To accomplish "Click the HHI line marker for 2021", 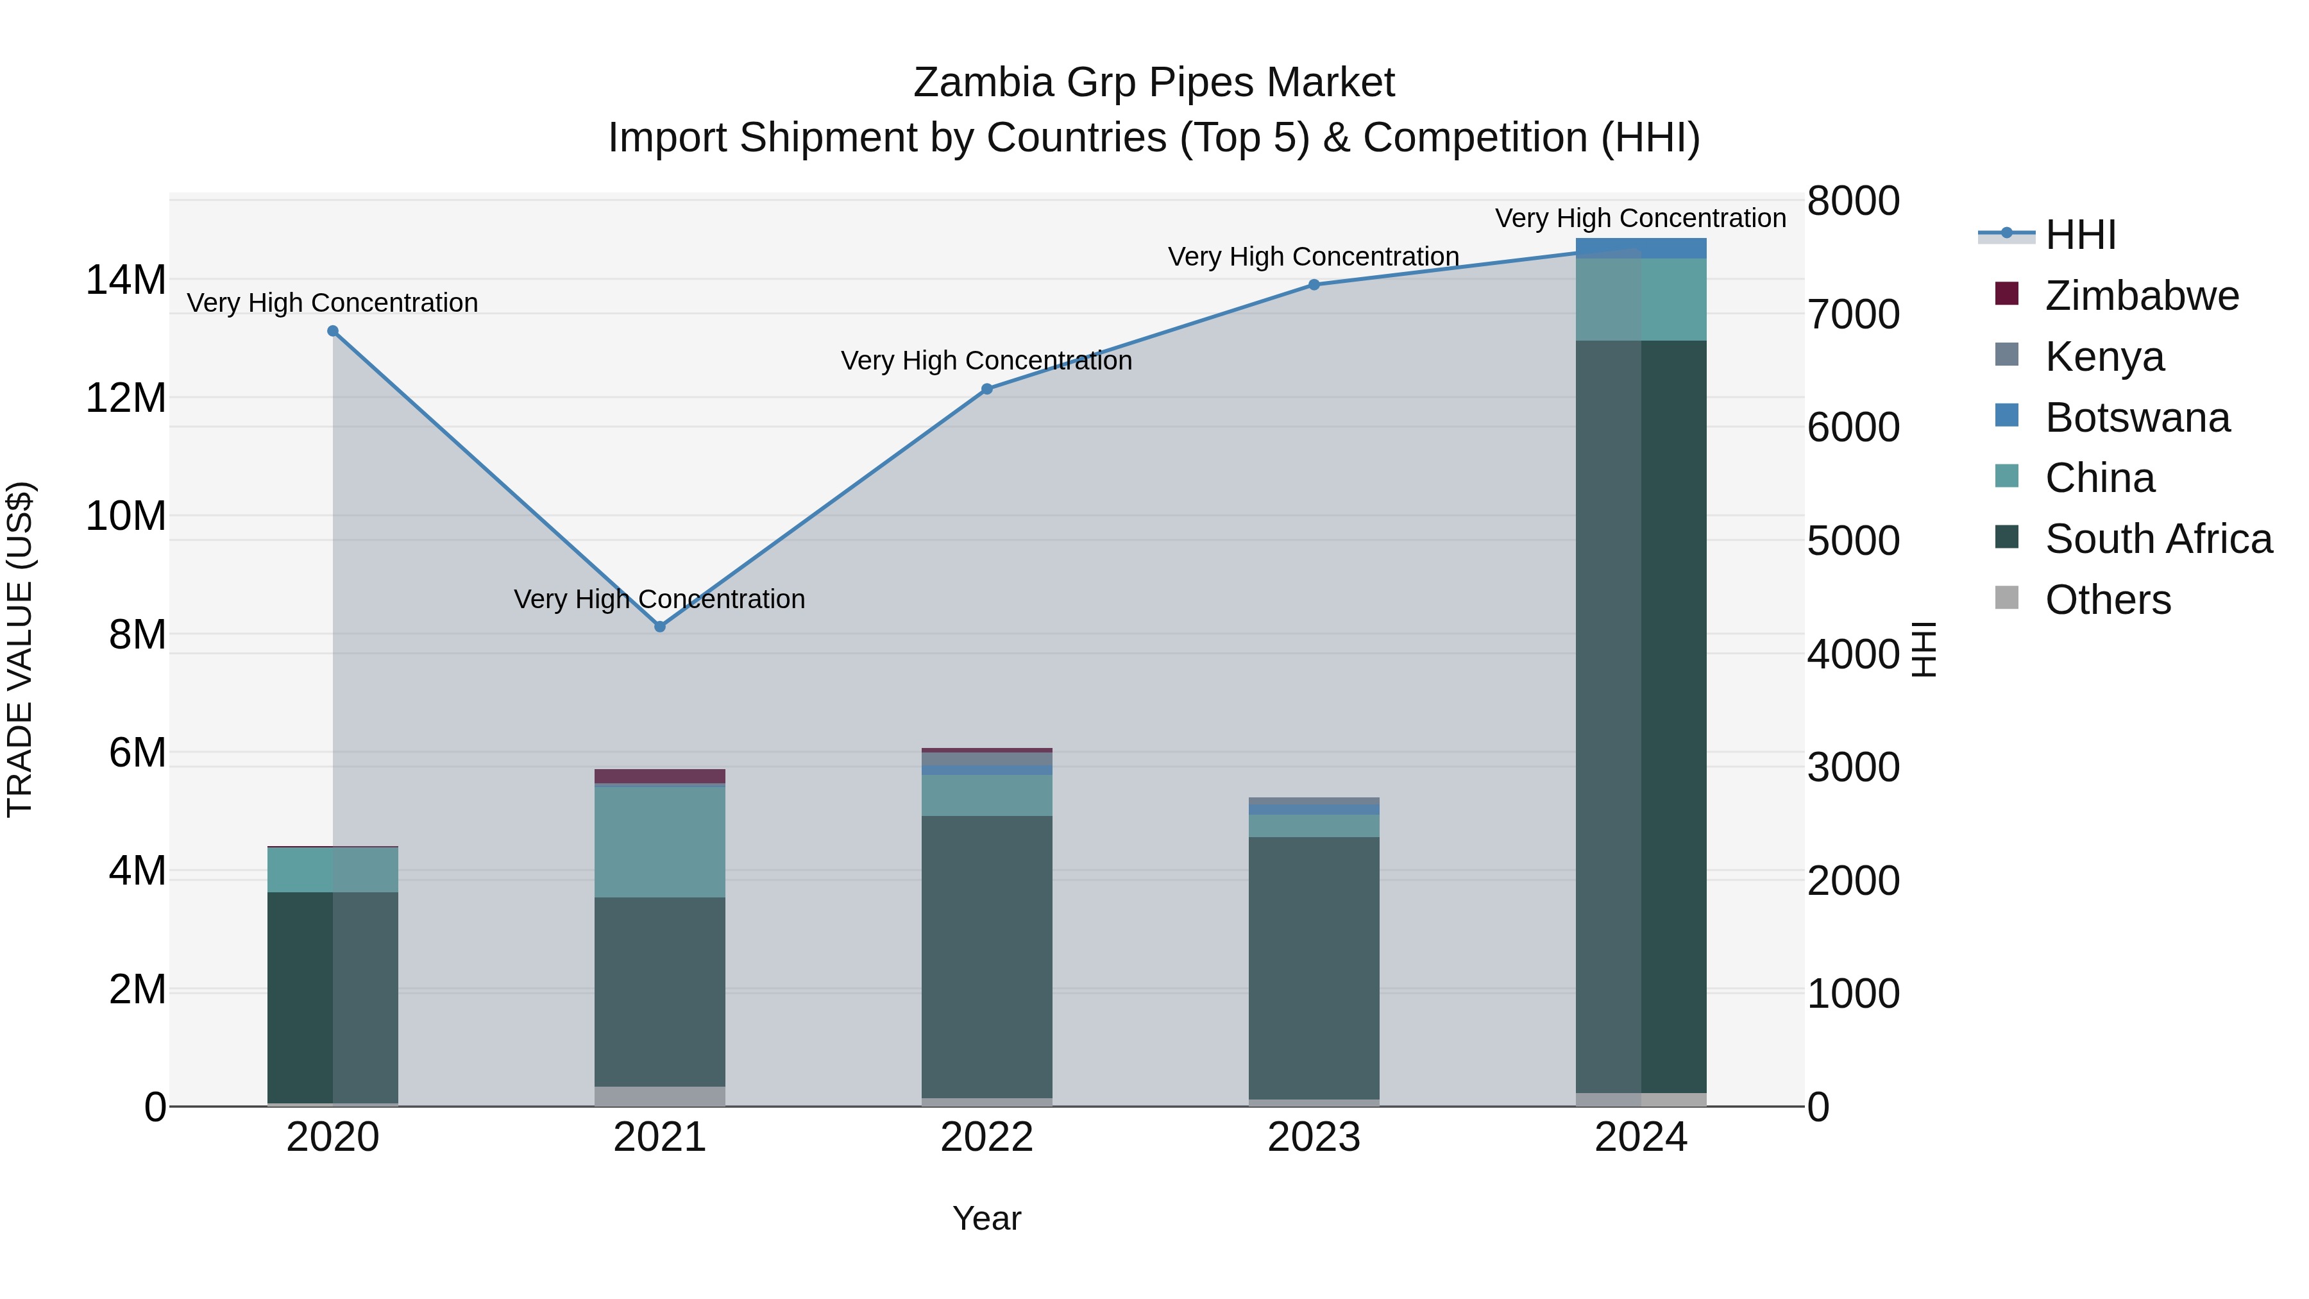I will point(660,627).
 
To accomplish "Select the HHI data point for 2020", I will point(332,331).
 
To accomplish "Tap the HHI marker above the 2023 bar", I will point(1314,285).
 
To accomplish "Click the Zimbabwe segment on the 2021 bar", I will point(660,776).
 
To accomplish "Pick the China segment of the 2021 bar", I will point(660,841).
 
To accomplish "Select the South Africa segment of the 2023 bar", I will point(1314,967).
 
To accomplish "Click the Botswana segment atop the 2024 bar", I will point(1641,248).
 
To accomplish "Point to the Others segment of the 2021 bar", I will point(660,1096).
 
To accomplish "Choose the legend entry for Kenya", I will point(2104,357).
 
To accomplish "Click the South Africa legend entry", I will point(2158,539).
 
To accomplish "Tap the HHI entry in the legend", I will point(2079,235).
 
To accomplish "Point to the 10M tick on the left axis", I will point(126,516).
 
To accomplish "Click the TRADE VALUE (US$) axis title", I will point(20,649).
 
